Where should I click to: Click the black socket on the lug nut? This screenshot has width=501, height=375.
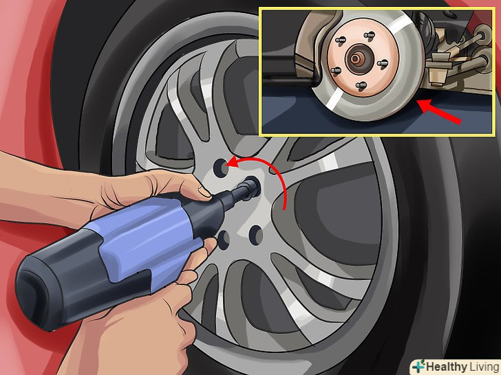point(250,188)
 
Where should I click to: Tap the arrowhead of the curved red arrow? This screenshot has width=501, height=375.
point(233,162)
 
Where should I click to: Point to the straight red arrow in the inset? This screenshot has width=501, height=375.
point(440,111)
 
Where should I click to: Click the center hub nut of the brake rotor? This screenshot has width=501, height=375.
point(355,58)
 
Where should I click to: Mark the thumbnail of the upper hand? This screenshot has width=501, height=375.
point(204,192)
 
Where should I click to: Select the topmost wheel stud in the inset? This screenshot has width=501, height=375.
point(371,34)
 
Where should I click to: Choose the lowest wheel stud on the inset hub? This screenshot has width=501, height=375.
point(361,85)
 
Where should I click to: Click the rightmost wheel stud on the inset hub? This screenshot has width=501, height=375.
point(383,63)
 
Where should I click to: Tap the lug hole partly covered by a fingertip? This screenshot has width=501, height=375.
point(224,240)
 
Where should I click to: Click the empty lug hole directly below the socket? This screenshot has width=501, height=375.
point(255,236)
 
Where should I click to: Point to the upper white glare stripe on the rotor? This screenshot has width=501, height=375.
point(401,23)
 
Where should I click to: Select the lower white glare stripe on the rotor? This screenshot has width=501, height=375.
point(333,98)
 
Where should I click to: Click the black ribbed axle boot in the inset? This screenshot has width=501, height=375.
point(427,25)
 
